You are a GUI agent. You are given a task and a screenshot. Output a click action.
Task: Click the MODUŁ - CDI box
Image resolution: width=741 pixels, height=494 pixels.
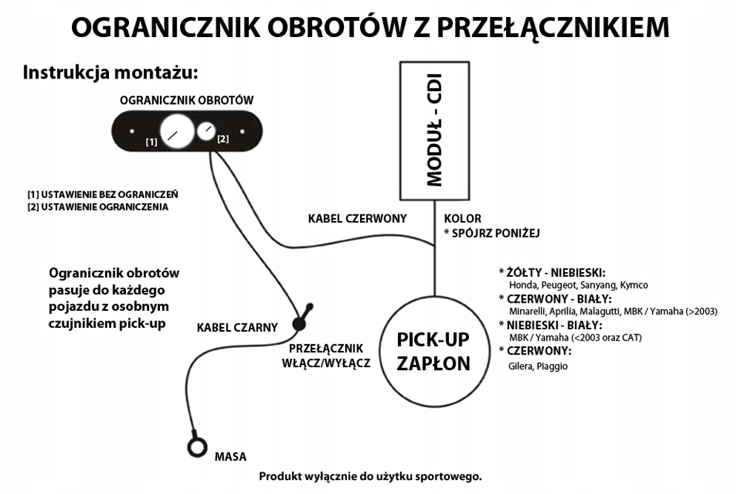(x=435, y=129)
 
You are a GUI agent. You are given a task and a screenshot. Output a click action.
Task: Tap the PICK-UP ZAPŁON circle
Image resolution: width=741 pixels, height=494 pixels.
(x=434, y=352)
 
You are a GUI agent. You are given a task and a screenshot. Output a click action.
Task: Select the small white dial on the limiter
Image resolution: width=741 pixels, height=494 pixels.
(x=206, y=131)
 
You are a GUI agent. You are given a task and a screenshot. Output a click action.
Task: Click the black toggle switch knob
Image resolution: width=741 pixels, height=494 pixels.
(x=301, y=320)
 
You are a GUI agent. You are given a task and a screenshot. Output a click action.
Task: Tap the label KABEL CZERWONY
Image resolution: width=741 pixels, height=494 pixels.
(x=358, y=219)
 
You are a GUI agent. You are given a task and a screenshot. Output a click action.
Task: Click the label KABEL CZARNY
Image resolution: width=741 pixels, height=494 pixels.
(x=237, y=327)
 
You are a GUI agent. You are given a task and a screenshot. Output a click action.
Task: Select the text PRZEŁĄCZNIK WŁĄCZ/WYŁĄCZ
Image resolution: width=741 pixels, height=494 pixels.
(x=326, y=356)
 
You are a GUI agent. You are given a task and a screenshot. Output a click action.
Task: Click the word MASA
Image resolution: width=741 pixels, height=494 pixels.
(x=230, y=456)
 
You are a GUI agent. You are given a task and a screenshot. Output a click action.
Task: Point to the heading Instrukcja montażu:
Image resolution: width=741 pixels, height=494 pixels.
(x=112, y=73)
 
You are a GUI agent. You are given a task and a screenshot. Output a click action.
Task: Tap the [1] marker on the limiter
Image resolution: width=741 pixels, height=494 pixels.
(x=151, y=141)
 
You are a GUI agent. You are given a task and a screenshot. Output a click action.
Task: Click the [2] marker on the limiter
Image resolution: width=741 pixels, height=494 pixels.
(x=223, y=139)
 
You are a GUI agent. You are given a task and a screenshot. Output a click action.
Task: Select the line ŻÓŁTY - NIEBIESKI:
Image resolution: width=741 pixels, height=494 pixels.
(x=556, y=272)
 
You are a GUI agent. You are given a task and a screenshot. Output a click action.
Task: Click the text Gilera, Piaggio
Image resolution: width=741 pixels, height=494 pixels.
(x=538, y=366)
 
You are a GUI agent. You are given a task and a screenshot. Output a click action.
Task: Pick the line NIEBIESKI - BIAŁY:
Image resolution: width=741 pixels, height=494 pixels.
(x=555, y=325)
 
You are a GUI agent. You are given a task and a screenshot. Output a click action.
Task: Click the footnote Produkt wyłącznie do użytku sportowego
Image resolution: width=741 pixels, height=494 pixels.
(x=370, y=475)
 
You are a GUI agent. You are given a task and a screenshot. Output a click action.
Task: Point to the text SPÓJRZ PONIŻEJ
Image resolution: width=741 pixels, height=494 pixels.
(x=496, y=233)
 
